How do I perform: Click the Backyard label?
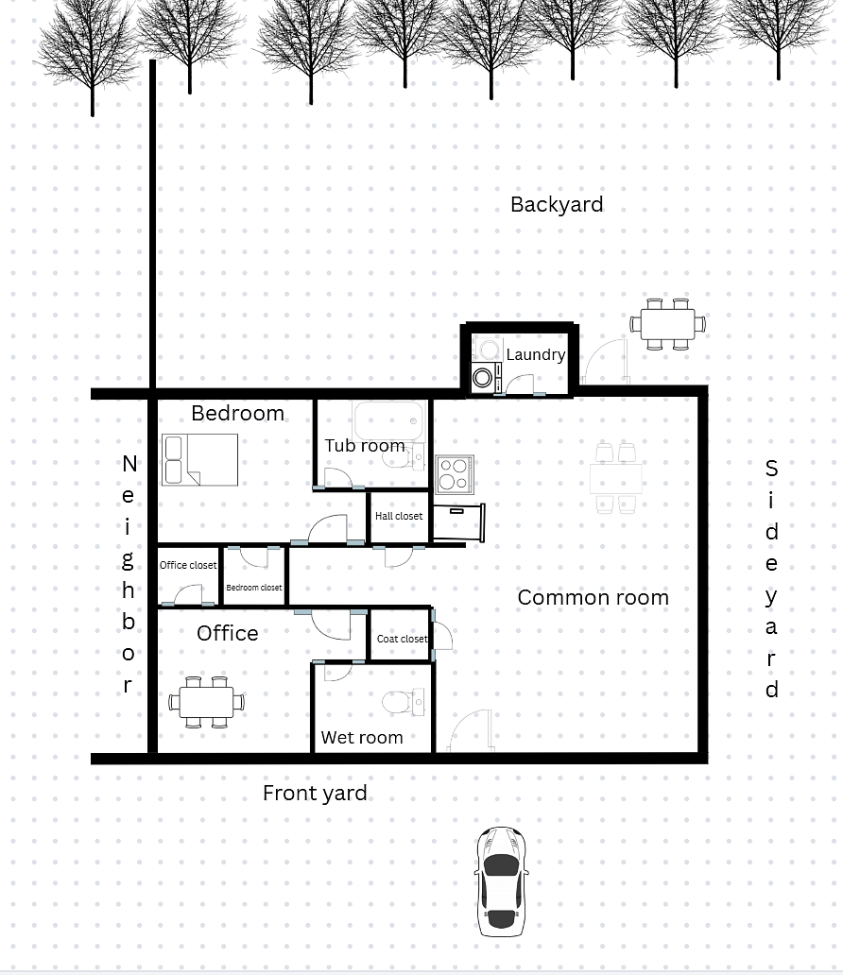coord(557,205)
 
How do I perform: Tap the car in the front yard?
coord(501,881)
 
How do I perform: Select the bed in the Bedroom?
coord(199,459)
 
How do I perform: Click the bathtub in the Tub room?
coord(388,420)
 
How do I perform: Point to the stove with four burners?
coord(455,474)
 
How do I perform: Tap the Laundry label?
coord(536,354)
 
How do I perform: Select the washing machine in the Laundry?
coord(486,378)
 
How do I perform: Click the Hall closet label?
coord(399,516)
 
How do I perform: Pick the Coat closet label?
coord(402,639)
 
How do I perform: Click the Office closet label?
coord(188,565)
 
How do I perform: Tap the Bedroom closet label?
coord(254,587)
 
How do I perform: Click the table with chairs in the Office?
coord(206,702)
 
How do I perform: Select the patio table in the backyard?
coord(667,324)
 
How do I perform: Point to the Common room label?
coord(593,597)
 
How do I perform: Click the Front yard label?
coord(315,794)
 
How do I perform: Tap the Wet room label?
coord(362,738)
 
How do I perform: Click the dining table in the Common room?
coord(616,478)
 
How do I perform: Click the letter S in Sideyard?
coord(771,469)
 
